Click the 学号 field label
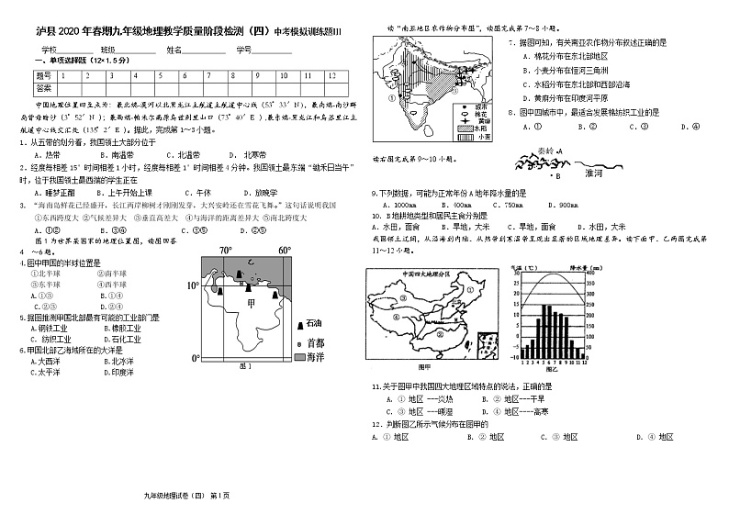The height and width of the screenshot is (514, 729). coord(243,49)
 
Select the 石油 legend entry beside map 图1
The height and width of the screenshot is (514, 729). coord(315,324)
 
